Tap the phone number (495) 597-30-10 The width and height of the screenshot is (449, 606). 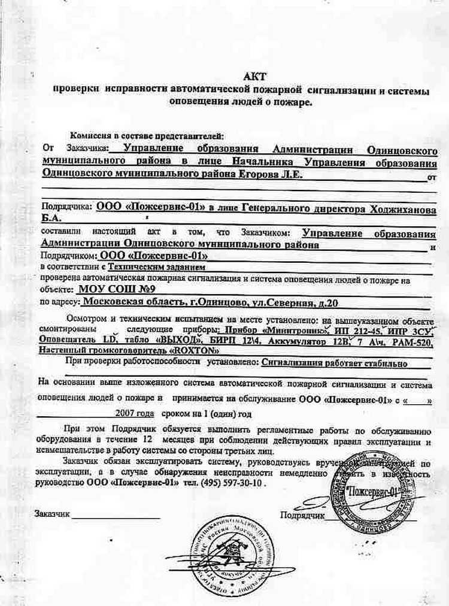click(230, 481)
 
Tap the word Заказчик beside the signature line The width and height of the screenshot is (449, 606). click(52, 514)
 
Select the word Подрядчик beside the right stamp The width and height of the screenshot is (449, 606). click(302, 514)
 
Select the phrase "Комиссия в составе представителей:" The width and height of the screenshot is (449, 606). click(146, 136)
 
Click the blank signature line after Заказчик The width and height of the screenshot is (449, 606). click(117, 517)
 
